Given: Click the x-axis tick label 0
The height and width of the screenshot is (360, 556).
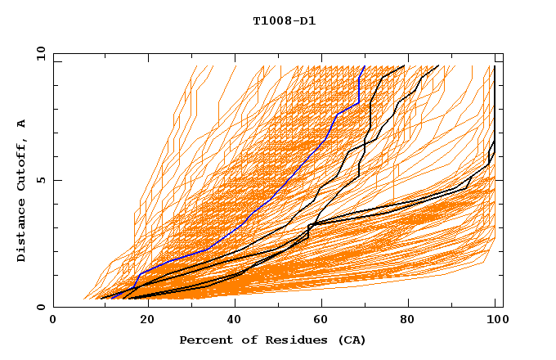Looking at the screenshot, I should point(53,320).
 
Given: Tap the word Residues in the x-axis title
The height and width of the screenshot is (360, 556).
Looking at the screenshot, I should point(285,340).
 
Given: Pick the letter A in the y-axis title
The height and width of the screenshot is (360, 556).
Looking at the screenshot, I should point(22,123).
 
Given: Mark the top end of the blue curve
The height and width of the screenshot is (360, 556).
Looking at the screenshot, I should point(364,66).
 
